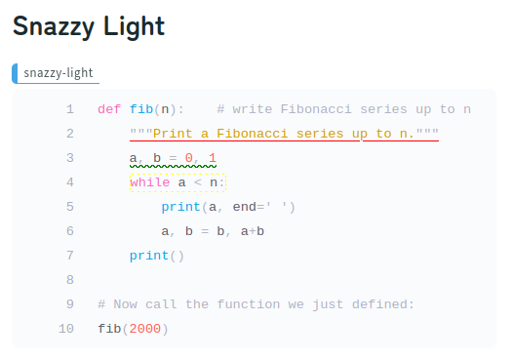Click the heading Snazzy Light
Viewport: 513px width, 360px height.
tap(89, 26)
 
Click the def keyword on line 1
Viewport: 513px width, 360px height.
tap(109, 109)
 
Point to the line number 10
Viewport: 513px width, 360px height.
tap(66, 329)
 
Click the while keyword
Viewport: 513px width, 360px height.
tap(149, 182)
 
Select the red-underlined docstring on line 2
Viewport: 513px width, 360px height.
tap(284, 134)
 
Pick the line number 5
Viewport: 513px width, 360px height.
tap(70, 207)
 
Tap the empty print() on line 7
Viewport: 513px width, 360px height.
tap(156, 256)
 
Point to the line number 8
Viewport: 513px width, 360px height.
tap(70, 280)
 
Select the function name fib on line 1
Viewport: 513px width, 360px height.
tap(140, 109)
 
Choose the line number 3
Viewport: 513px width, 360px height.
tap(70, 158)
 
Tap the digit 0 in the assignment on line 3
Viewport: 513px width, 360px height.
tap(188, 158)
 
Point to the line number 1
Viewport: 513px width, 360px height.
tap(70, 109)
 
